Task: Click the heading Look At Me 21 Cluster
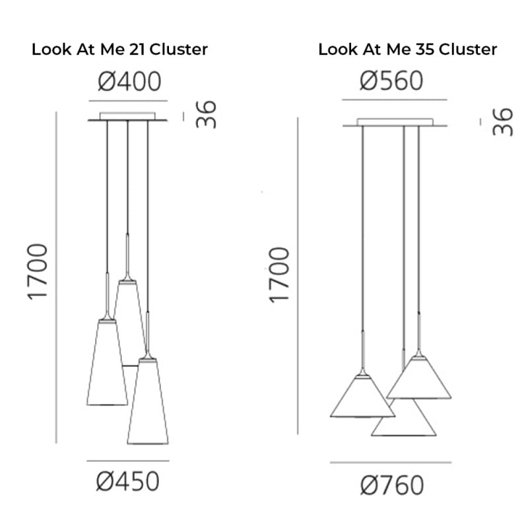(119, 49)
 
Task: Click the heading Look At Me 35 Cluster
(407, 49)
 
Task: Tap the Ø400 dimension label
(129, 82)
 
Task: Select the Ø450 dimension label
(128, 482)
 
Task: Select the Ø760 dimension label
(391, 486)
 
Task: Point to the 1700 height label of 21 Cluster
(38, 271)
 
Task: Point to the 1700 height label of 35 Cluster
(279, 275)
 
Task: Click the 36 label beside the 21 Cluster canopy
(207, 114)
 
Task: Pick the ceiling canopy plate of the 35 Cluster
(395, 123)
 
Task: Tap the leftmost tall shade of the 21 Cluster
(106, 366)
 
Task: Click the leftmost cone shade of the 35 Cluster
(362, 399)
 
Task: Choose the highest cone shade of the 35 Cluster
(418, 379)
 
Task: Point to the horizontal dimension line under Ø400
(129, 101)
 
